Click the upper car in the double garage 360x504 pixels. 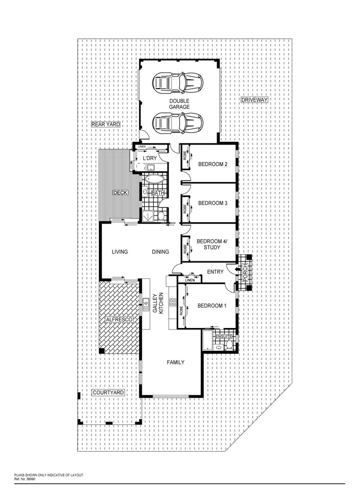[x=178, y=83]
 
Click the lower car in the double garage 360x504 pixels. [x=178, y=123]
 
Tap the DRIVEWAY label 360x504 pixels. [x=254, y=100]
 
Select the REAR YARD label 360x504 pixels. [x=105, y=125]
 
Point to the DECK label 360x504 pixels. [x=120, y=192]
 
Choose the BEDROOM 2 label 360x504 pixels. [x=212, y=164]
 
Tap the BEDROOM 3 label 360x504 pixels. [x=212, y=203]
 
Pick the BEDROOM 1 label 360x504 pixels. [x=212, y=306]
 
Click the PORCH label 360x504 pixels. [x=244, y=272]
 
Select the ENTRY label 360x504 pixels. [x=215, y=272]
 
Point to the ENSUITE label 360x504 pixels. [x=224, y=336]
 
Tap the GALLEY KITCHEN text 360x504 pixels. [x=158, y=304]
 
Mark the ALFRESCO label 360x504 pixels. [x=119, y=319]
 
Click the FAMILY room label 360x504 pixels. [x=176, y=362]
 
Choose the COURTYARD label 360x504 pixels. [x=108, y=393]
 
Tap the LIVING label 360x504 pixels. [x=120, y=252]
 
